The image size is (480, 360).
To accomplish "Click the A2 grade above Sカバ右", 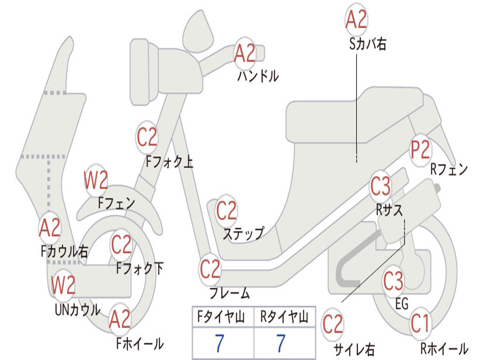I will (356, 20).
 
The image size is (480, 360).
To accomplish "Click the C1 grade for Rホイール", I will (420, 323).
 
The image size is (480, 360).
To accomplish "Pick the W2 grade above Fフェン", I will (96, 180).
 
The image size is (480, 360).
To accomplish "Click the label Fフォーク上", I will (169, 162).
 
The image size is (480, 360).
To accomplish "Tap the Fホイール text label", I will (140, 344).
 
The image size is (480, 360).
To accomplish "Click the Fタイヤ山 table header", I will (222, 318).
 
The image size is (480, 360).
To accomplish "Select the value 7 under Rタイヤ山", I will (281, 344).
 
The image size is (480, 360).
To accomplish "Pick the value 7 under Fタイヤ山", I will (219, 344).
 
